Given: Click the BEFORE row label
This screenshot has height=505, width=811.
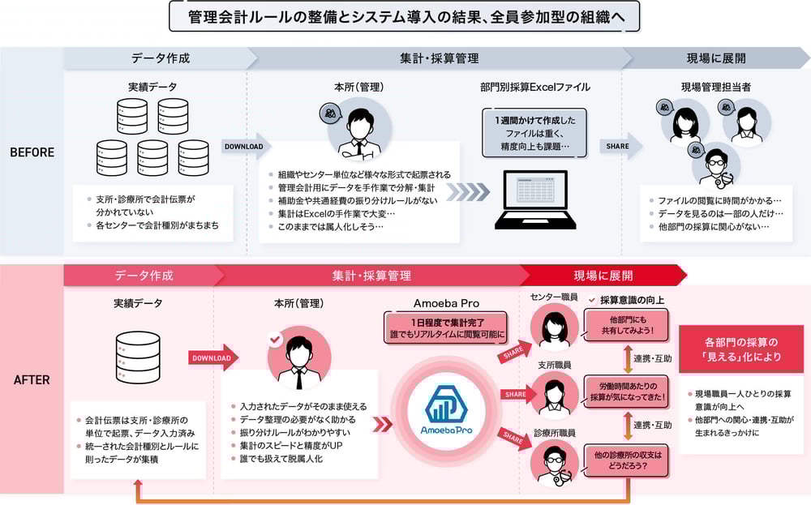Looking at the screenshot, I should (32, 152).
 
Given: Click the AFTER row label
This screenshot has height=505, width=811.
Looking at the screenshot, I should (32, 379).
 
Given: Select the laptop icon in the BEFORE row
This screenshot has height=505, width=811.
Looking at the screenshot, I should (531, 199).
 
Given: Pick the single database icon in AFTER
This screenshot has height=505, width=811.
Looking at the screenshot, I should (138, 357).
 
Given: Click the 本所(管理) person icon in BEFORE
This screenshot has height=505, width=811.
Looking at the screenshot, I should (357, 129).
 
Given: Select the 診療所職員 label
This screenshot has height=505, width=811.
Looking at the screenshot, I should (555, 434).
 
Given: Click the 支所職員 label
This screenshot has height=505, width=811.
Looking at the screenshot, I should (555, 366).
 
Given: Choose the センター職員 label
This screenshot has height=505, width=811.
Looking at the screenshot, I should (554, 297).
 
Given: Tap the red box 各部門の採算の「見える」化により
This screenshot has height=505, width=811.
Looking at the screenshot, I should (739, 348).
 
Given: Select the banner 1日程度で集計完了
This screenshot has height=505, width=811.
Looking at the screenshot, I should (447, 327).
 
